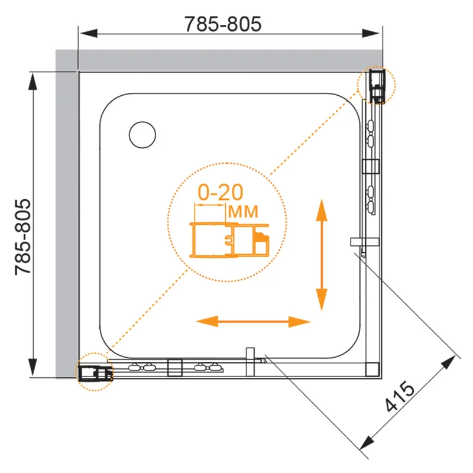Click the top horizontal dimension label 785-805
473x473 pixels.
click(x=223, y=24)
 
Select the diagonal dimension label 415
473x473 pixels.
click(x=400, y=396)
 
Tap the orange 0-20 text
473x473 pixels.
click(x=221, y=192)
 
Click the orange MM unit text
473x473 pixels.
click(x=243, y=212)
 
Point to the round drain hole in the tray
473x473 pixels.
click(x=142, y=135)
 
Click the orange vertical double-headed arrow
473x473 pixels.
click(x=322, y=255)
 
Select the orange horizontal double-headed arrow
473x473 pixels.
click(x=253, y=322)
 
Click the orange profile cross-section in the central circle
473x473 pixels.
click(x=229, y=241)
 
